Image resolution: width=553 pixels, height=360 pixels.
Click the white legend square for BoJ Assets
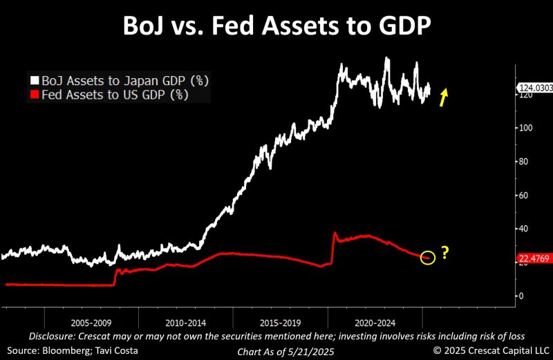coord(34,81)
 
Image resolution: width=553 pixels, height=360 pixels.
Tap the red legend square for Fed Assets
coord(34,95)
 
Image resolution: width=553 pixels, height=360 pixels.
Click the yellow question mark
coord(445,254)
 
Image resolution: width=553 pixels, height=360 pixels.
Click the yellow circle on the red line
coord(428,258)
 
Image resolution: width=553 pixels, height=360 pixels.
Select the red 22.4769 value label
coord(533,259)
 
